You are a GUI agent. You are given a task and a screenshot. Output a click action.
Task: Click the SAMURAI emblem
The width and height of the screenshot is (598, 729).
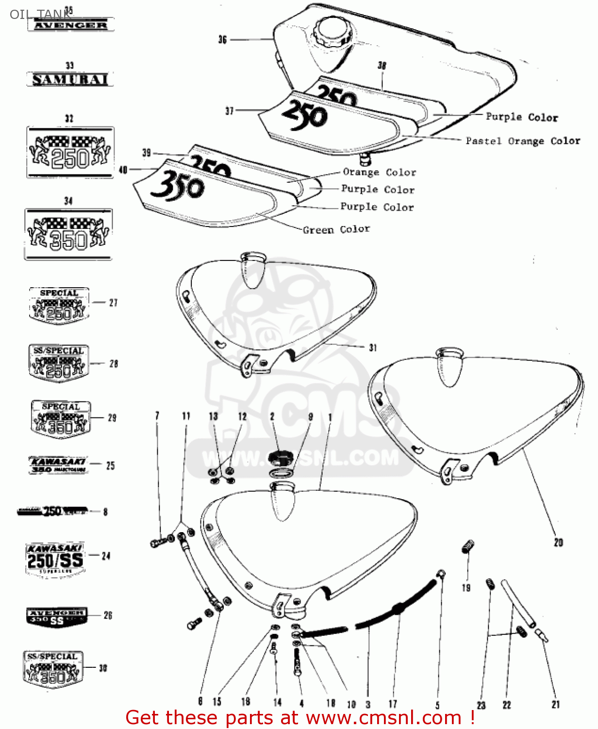70,79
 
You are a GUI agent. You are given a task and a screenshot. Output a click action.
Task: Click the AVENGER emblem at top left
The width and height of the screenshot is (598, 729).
71,25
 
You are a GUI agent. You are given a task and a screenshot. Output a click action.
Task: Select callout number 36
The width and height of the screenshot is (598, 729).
222,40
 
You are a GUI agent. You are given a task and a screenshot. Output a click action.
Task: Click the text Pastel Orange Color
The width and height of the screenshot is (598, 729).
522,141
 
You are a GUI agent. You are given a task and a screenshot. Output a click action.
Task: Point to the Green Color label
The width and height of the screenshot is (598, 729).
336,229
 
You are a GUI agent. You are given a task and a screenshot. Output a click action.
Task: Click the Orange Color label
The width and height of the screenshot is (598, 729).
379,172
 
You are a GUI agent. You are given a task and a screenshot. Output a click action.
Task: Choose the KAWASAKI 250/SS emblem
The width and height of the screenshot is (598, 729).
55,559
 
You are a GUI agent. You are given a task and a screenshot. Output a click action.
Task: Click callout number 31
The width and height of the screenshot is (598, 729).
373,347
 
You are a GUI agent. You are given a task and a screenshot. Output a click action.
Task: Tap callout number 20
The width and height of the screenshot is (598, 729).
558,542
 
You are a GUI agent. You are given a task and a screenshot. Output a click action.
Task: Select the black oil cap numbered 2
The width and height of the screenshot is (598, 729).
281,457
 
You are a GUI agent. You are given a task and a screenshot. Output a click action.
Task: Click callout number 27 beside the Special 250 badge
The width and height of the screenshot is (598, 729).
113,303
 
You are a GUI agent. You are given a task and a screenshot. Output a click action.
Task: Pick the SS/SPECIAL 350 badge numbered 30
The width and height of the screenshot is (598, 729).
53,670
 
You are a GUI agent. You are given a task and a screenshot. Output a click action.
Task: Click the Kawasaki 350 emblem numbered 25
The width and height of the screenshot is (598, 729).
58,465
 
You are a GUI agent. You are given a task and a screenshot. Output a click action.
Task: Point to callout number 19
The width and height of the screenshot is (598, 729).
466,588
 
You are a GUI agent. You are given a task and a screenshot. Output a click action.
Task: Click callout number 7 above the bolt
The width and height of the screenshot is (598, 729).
157,416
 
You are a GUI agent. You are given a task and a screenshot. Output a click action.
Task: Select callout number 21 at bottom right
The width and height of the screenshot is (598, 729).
556,704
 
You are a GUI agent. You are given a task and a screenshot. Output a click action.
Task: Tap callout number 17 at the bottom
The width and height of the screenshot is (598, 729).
392,704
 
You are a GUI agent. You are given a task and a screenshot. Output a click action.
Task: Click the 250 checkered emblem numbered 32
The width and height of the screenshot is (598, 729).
70,153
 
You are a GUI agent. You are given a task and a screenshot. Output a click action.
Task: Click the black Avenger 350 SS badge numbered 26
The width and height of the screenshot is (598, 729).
57,617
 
